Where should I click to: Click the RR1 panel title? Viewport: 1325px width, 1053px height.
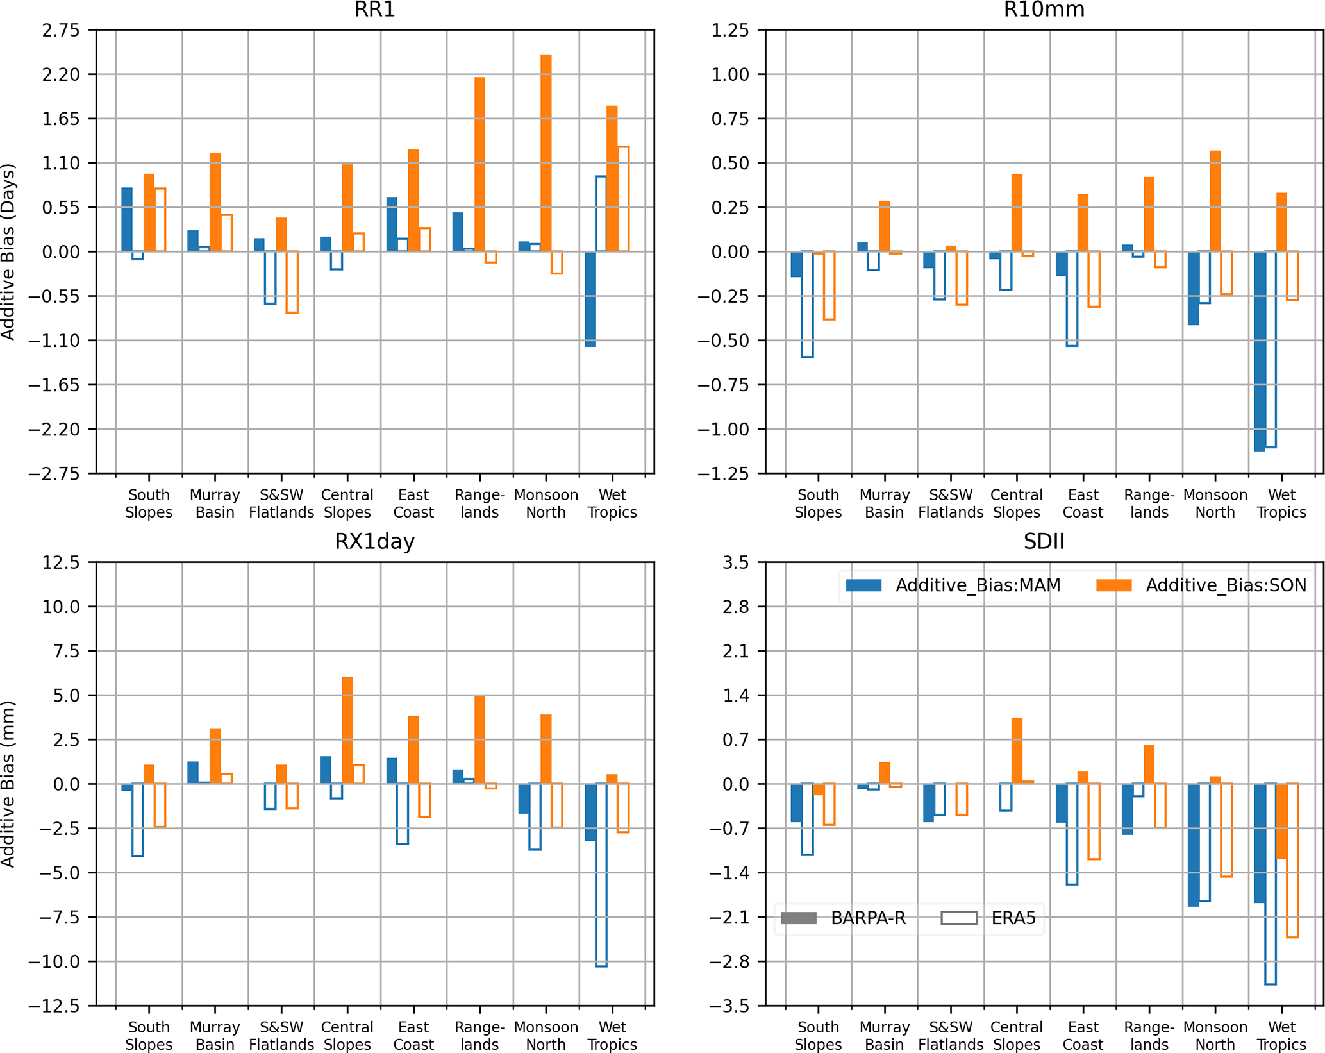click(x=375, y=10)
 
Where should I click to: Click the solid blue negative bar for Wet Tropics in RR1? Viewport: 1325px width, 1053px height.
click(x=590, y=299)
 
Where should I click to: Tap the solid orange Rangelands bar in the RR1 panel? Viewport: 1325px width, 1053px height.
click(x=479, y=164)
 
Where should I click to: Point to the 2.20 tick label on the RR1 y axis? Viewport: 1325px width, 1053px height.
click(x=61, y=74)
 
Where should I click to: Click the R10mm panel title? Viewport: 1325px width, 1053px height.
click(x=1044, y=10)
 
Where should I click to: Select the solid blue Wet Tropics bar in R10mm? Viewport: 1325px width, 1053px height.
click(x=1260, y=351)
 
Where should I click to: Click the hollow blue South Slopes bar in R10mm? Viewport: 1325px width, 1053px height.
click(x=807, y=304)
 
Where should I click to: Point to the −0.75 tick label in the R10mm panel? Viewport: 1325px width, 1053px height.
click(x=722, y=385)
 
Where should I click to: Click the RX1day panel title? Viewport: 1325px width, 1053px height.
click(x=375, y=542)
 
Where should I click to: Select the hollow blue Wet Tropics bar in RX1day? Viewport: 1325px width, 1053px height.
click(x=601, y=875)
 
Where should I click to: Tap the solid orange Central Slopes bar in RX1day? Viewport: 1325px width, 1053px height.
click(x=347, y=730)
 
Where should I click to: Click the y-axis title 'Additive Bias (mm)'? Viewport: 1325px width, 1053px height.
click(x=8, y=784)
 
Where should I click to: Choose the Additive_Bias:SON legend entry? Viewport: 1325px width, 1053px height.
click(x=1201, y=585)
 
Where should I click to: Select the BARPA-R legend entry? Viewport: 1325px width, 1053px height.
click(x=844, y=918)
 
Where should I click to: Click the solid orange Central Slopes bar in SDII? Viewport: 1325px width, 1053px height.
click(x=1016, y=751)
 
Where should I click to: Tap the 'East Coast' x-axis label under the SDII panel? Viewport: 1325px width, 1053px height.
click(x=1083, y=1036)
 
